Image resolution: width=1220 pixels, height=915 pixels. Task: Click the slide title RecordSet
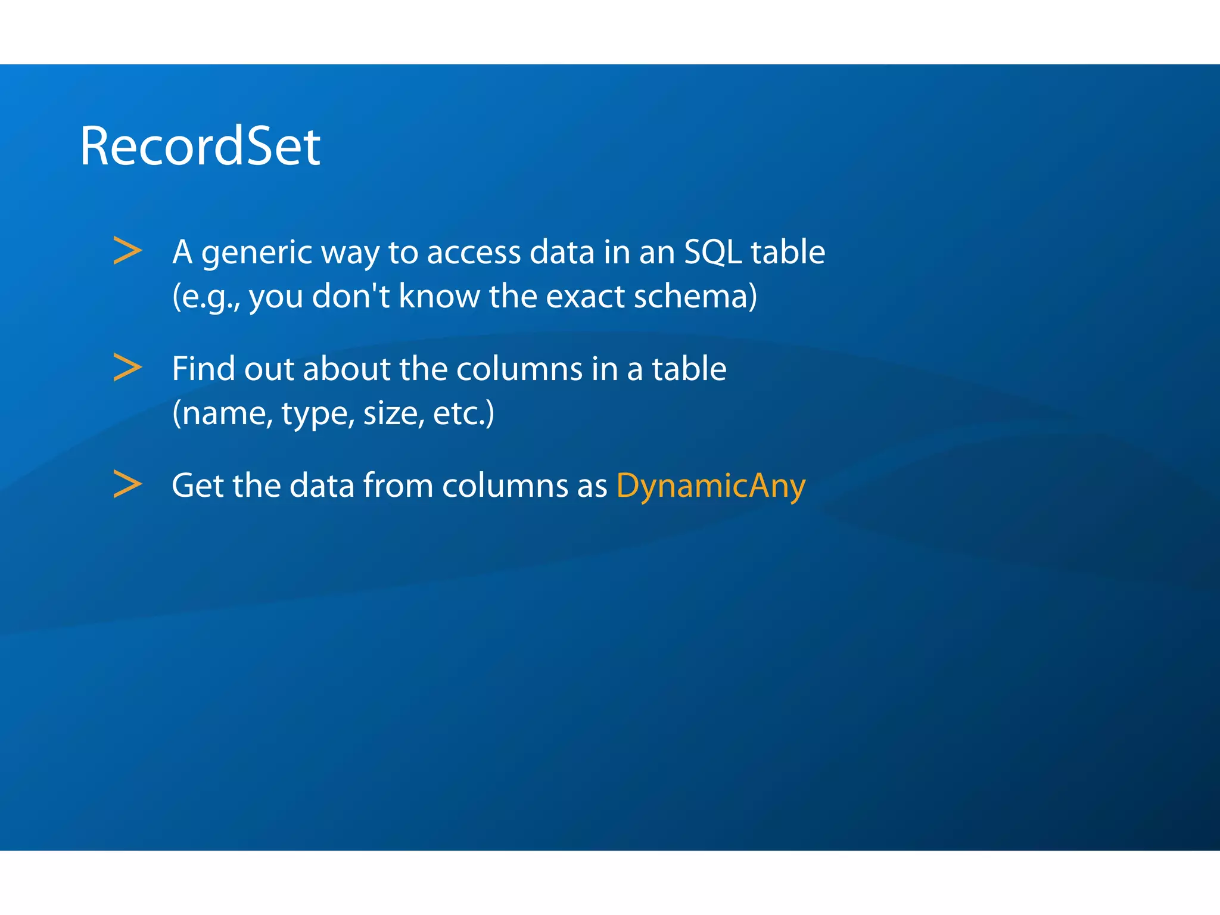point(200,147)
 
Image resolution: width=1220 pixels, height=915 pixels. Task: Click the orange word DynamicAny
point(711,485)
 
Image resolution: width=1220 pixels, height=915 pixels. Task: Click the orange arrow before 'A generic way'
point(127,251)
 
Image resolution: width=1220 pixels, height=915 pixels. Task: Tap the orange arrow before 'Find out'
point(127,368)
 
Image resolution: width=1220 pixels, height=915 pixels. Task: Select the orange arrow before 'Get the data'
point(127,484)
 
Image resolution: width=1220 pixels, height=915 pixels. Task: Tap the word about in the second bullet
point(346,369)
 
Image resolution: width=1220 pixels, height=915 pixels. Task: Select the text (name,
point(222,413)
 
